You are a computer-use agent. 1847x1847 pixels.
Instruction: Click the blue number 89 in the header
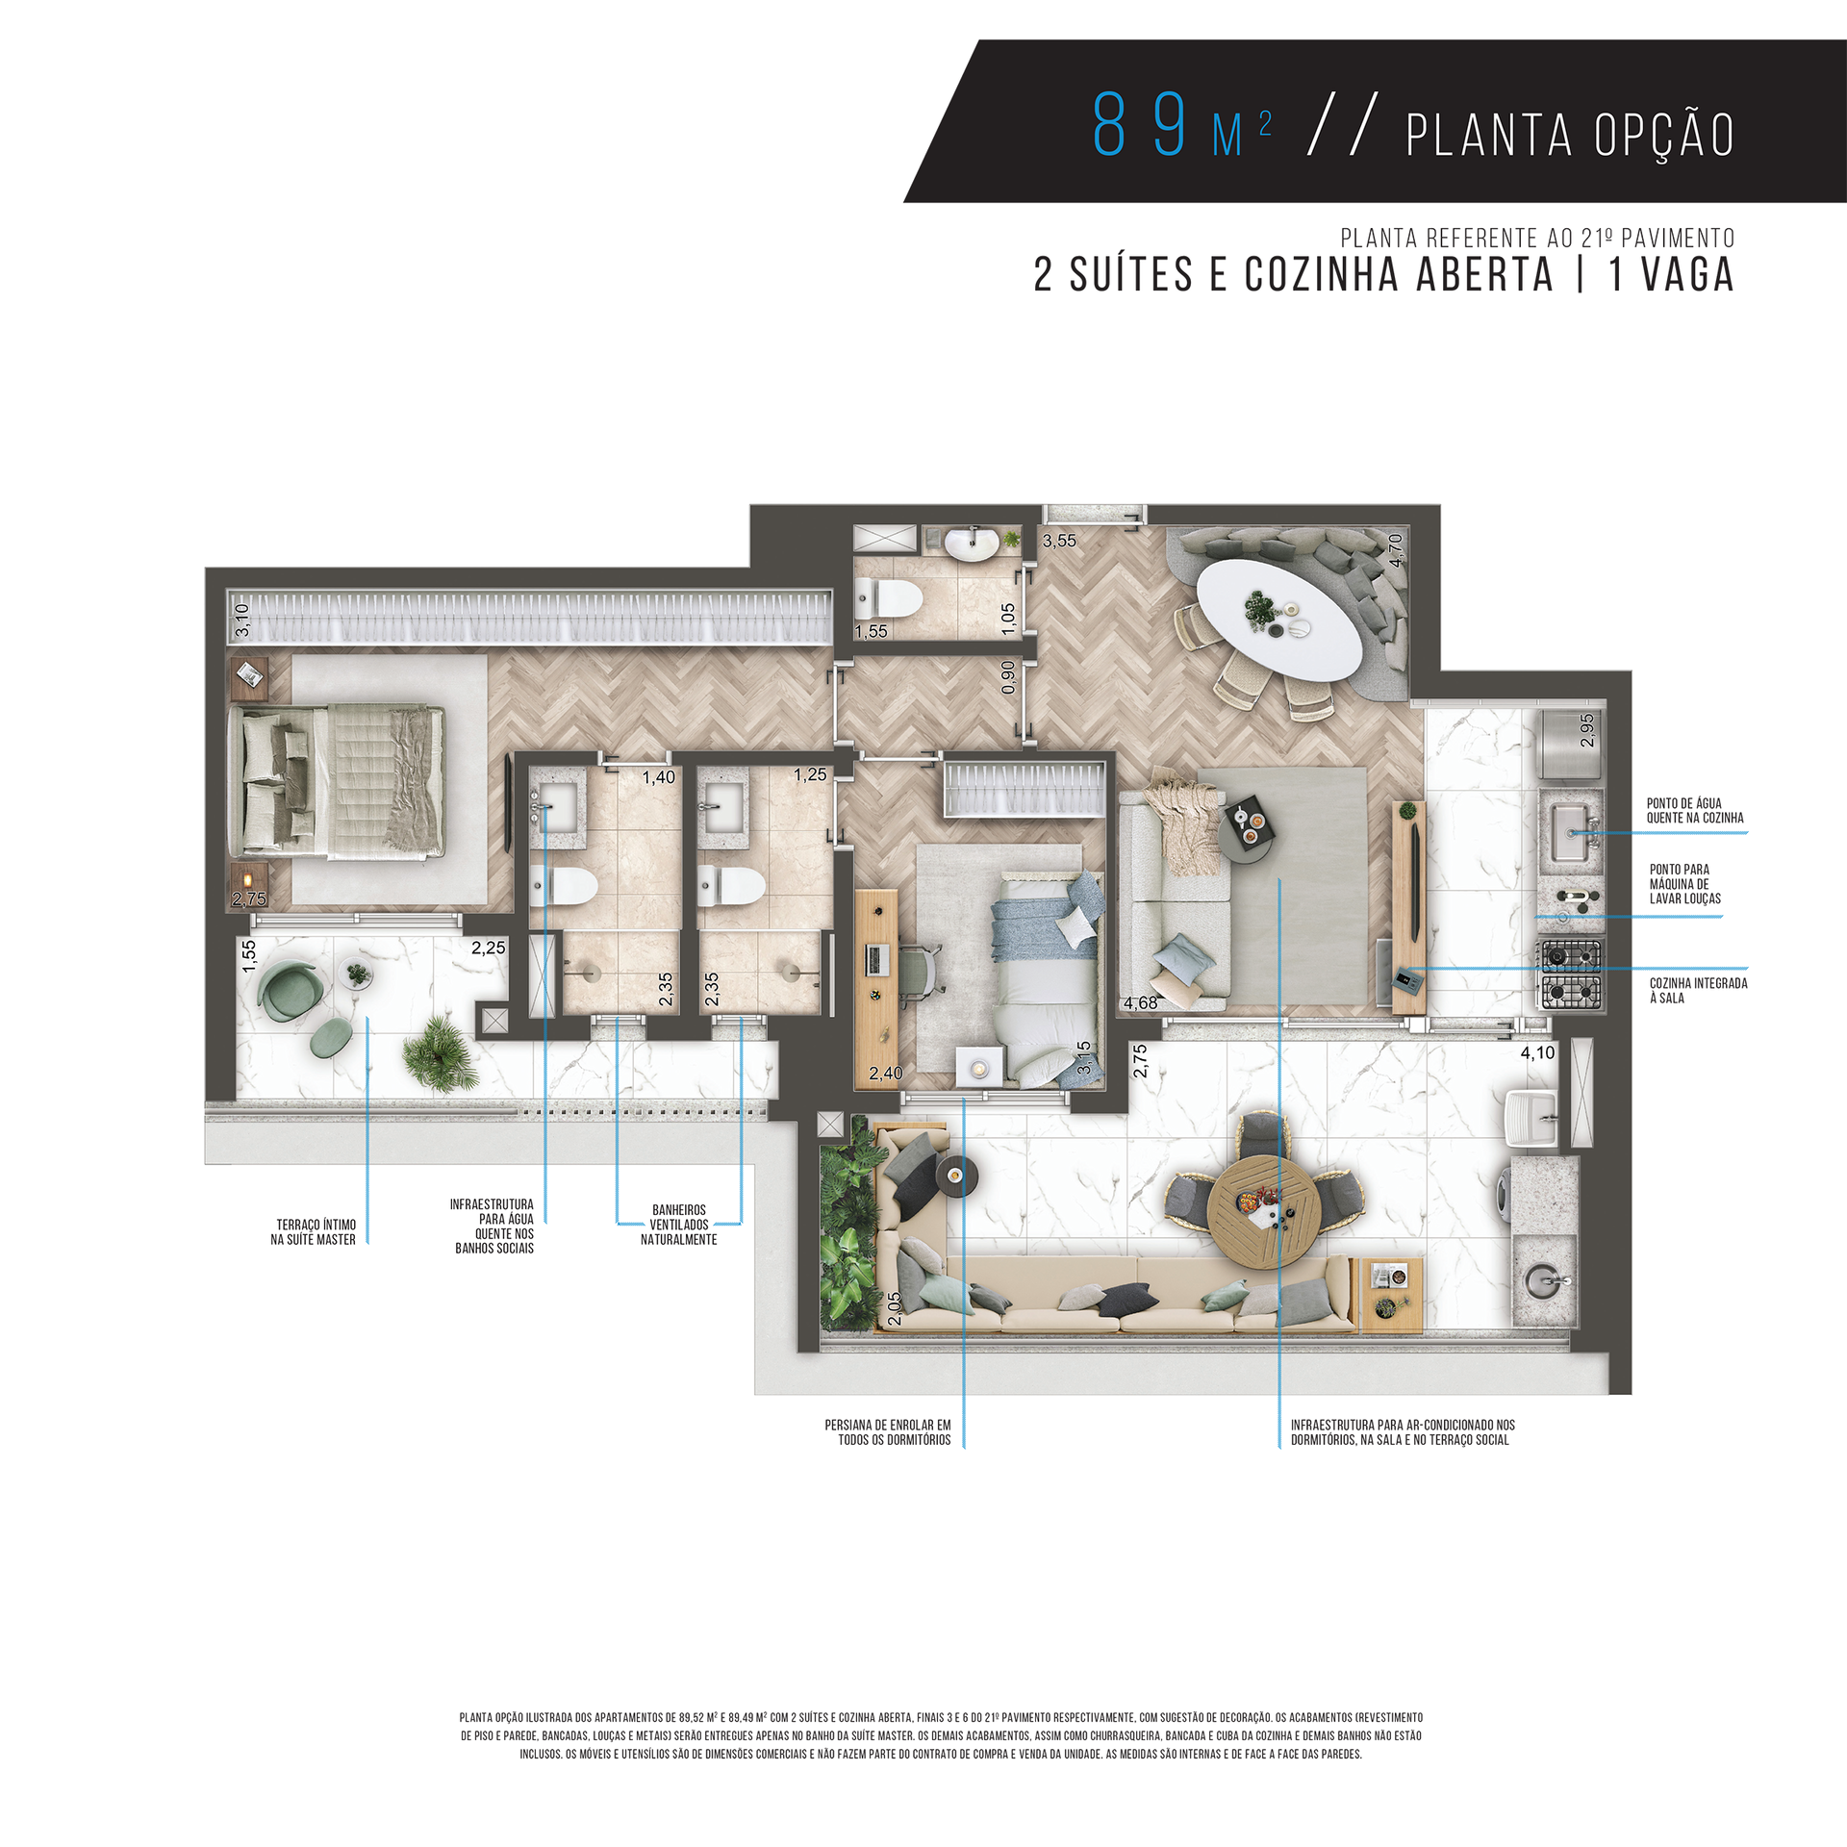(1141, 125)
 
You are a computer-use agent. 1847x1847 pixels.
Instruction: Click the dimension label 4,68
(1141, 1003)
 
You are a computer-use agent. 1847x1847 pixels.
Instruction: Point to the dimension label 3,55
(1059, 541)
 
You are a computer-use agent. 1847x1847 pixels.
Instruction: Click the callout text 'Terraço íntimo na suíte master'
(314, 1232)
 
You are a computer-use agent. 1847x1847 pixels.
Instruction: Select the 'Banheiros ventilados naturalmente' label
(679, 1225)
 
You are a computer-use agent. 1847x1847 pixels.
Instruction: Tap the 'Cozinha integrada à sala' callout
(1698, 991)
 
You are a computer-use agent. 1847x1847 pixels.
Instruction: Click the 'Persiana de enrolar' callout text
(888, 1432)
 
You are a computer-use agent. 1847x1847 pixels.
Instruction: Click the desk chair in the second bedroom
(920, 970)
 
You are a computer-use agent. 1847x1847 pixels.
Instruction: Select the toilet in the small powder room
(888, 598)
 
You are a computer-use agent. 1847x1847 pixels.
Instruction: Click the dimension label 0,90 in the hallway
(1007, 677)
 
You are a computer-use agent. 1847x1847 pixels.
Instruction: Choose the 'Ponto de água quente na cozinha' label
(1694, 811)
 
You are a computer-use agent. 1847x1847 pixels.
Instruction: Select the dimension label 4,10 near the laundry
(1537, 1053)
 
